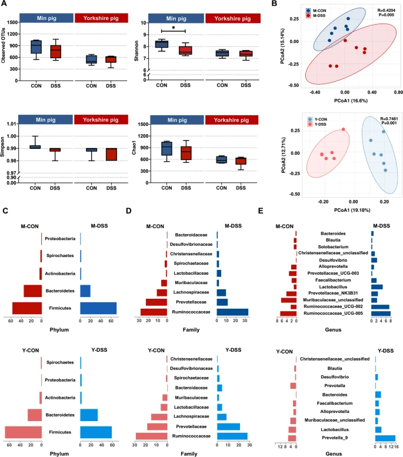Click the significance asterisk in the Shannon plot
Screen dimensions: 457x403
173,28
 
